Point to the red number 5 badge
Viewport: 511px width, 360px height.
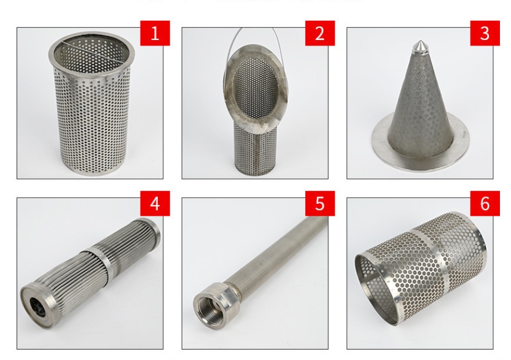tap(319, 203)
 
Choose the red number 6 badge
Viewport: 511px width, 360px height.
tap(485, 203)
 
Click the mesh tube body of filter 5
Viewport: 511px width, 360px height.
tap(270, 258)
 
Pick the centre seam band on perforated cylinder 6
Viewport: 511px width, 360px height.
tap(425, 258)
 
